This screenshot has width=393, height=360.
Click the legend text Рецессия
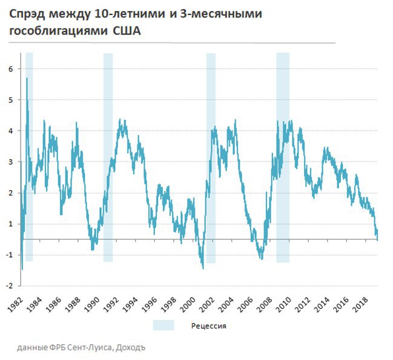(x=209, y=326)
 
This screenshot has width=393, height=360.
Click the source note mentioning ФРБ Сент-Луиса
(x=82, y=347)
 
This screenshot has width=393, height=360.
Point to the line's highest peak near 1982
(x=27, y=78)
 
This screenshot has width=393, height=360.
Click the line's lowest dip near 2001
(x=203, y=267)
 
